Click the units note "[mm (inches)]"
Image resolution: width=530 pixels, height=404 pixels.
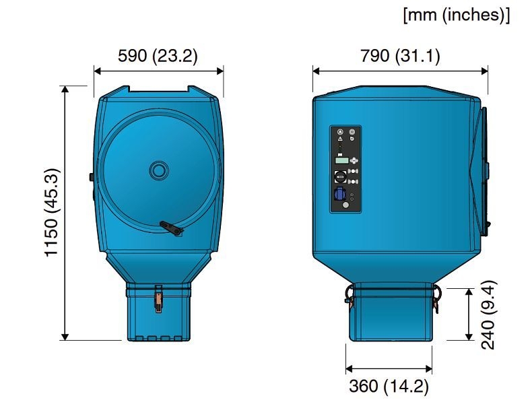point(456,15)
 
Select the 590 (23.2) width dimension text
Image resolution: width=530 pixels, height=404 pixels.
point(158,56)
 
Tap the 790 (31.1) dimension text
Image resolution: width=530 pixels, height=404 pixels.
point(400,56)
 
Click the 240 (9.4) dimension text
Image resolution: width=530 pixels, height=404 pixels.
point(490,314)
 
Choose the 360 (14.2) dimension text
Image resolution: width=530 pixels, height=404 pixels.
point(389,386)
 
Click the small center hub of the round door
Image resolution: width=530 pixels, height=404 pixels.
point(159,170)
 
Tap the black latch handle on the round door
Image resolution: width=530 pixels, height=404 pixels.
point(171,229)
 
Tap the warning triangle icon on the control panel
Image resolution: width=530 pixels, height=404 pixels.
point(340,139)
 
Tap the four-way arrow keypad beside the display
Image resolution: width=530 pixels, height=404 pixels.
point(354,160)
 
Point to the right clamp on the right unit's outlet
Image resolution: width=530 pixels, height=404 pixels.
point(436,296)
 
